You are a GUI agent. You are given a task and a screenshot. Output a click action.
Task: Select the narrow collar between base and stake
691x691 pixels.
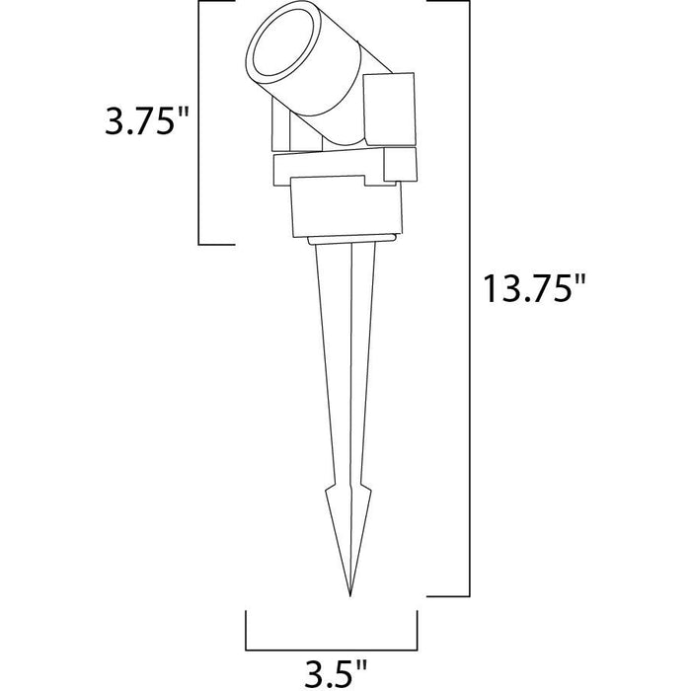coord(351,239)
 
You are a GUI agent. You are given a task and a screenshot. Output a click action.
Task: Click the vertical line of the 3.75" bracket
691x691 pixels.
coord(200,123)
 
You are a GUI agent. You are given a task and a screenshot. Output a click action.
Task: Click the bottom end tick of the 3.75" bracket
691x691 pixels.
coord(217,244)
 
